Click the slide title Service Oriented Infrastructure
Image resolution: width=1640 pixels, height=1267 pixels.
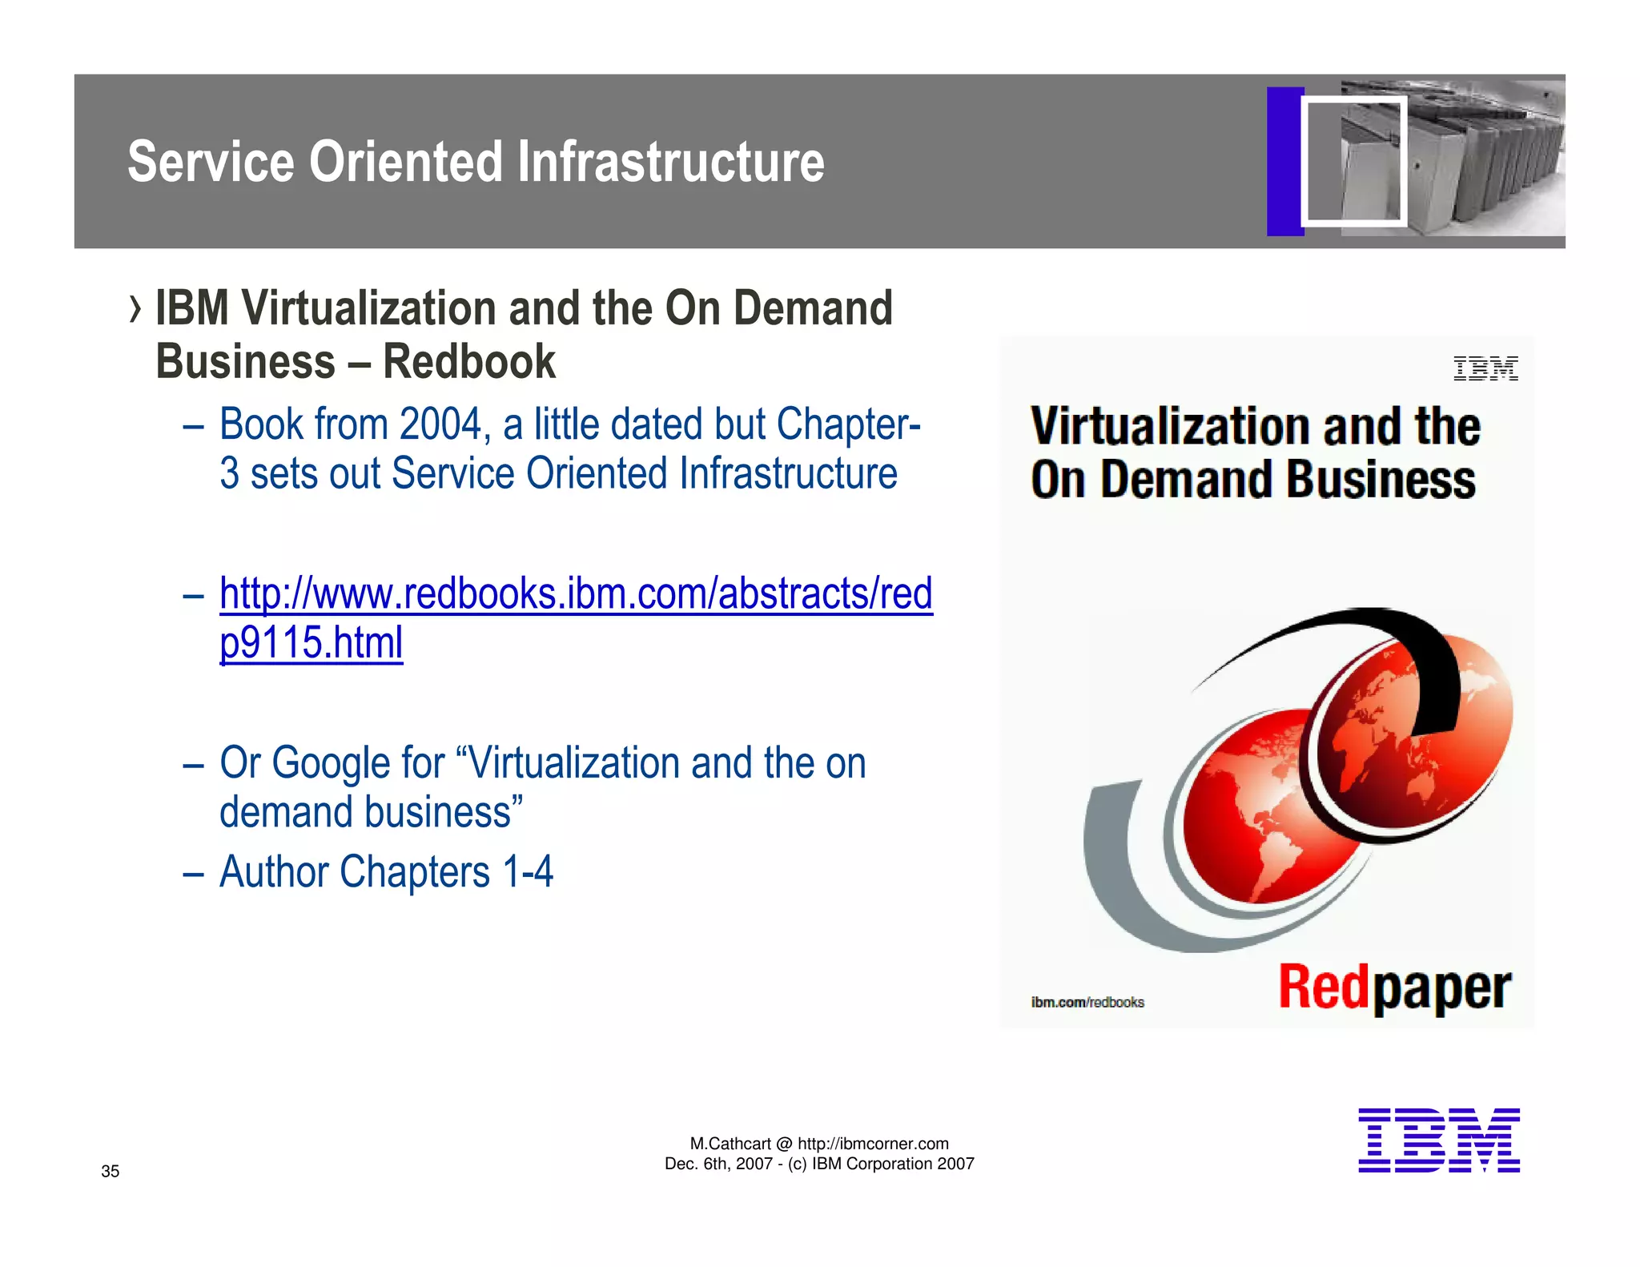pyautogui.click(x=476, y=162)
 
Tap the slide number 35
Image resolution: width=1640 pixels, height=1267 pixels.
pyautogui.click(x=110, y=1172)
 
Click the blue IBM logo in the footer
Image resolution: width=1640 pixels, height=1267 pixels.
pyautogui.click(x=1438, y=1140)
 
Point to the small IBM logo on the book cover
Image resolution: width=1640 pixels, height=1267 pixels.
pyautogui.click(x=1485, y=368)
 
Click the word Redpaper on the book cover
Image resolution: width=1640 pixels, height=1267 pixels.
pyautogui.click(x=1394, y=987)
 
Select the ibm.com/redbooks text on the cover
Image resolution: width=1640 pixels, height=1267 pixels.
pyautogui.click(x=1087, y=1002)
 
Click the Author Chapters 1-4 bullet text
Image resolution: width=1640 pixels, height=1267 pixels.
pyautogui.click(x=386, y=872)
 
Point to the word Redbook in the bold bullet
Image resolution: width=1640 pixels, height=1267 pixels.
pyautogui.click(x=468, y=362)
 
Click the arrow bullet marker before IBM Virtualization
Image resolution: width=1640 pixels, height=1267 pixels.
pyautogui.click(x=135, y=309)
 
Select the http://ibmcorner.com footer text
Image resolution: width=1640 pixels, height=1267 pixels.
pyautogui.click(x=873, y=1144)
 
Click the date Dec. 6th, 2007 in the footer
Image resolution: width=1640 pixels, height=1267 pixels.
pyautogui.click(x=717, y=1164)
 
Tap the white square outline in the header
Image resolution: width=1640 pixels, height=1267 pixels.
pyautogui.click(x=1353, y=161)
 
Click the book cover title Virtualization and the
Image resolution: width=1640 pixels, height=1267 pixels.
pyautogui.click(x=1255, y=426)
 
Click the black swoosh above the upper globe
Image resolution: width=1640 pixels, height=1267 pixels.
pyautogui.click(x=1409, y=641)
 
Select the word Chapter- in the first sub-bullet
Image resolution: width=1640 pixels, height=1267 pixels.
pyautogui.click(x=848, y=424)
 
